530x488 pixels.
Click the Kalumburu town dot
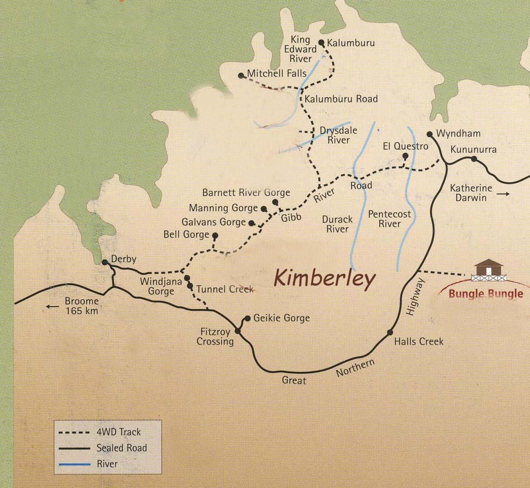pos(321,43)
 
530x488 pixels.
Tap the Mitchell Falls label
pos(277,73)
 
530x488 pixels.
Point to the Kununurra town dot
pos(474,158)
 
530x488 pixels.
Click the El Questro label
pos(405,147)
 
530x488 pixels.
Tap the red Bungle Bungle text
pos(485,294)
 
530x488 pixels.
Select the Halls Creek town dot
pos(390,332)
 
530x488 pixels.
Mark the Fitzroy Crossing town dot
pos(238,331)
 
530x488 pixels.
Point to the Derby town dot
pos(105,262)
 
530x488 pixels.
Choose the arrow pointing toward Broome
pos(52,306)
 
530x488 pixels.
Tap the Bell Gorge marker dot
pos(215,235)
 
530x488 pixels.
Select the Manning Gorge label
pos(223,208)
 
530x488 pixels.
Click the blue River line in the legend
pos(74,463)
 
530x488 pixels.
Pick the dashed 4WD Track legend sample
pos(74,432)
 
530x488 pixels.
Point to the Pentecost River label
pos(390,219)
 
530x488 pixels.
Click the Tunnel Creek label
pos(225,289)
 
